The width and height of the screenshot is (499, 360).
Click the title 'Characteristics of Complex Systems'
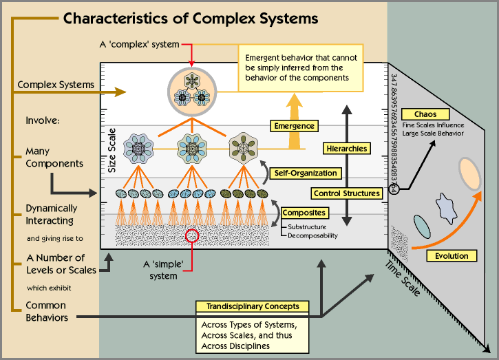(x=191, y=18)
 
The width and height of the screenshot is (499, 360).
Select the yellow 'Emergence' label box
(x=294, y=126)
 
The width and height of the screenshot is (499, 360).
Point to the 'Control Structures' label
(x=348, y=193)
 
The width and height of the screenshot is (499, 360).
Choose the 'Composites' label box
(x=304, y=213)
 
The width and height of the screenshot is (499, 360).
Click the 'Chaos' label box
(x=425, y=114)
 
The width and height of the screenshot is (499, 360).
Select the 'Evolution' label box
(x=452, y=256)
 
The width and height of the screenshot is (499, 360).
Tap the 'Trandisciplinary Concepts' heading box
(x=252, y=306)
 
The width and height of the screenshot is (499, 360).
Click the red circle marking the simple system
(x=193, y=236)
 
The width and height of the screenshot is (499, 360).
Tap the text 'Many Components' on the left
(x=54, y=157)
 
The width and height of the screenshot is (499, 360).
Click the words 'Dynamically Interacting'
(x=52, y=214)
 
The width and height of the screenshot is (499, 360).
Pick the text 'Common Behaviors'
(x=46, y=311)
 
